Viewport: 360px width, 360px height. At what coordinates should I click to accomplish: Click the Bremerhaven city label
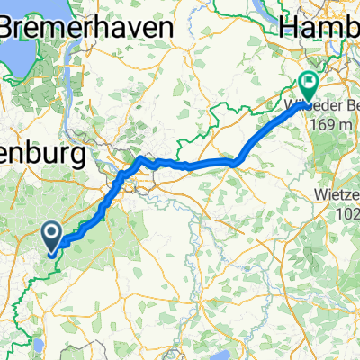coord(86,27)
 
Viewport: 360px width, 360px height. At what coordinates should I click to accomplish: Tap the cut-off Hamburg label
coord(320,27)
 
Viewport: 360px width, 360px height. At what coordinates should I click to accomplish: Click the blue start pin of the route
coord(53,238)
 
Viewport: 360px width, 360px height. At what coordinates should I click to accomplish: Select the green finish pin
coord(307,85)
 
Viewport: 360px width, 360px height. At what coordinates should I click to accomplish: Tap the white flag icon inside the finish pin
coord(307,81)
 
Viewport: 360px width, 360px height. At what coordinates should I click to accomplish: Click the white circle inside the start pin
coord(53,234)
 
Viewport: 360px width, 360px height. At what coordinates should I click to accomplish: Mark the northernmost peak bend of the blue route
coord(140,157)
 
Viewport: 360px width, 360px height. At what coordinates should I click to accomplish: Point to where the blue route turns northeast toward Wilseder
coord(236,162)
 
